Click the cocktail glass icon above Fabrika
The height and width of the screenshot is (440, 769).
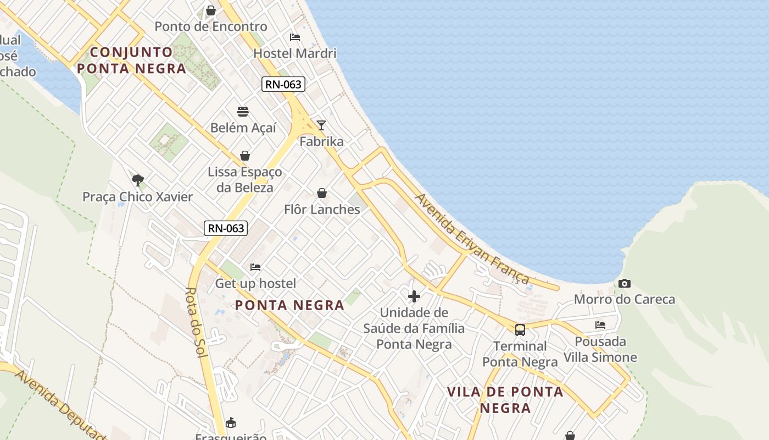pos(321,125)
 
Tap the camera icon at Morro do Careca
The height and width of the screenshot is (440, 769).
pos(624,284)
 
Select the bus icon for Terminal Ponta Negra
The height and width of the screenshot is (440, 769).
pos(520,330)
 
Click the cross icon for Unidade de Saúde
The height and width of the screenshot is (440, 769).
pos(414,296)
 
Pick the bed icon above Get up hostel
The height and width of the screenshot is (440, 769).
pos(255,267)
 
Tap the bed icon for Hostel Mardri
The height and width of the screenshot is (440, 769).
pos(295,37)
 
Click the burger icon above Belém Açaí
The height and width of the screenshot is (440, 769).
pos(243,112)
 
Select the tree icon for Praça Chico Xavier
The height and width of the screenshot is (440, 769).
pos(138,180)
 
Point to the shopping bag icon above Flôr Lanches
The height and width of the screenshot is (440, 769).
pos(322,193)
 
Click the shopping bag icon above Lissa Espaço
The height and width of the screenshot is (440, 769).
pos(245,156)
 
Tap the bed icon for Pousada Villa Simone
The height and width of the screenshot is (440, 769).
pos(600,325)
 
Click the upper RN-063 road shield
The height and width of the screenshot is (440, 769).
pos(283,84)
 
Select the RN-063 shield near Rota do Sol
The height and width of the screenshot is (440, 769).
pos(226,228)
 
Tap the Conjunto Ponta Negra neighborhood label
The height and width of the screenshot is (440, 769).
pos(132,61)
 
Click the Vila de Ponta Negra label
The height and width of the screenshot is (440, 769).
pos(505,400)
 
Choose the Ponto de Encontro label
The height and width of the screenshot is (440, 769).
pos(211,26)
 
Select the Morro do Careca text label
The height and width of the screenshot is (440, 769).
pos(625,300)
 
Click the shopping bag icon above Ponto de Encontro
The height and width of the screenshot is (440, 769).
pos(210,10)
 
